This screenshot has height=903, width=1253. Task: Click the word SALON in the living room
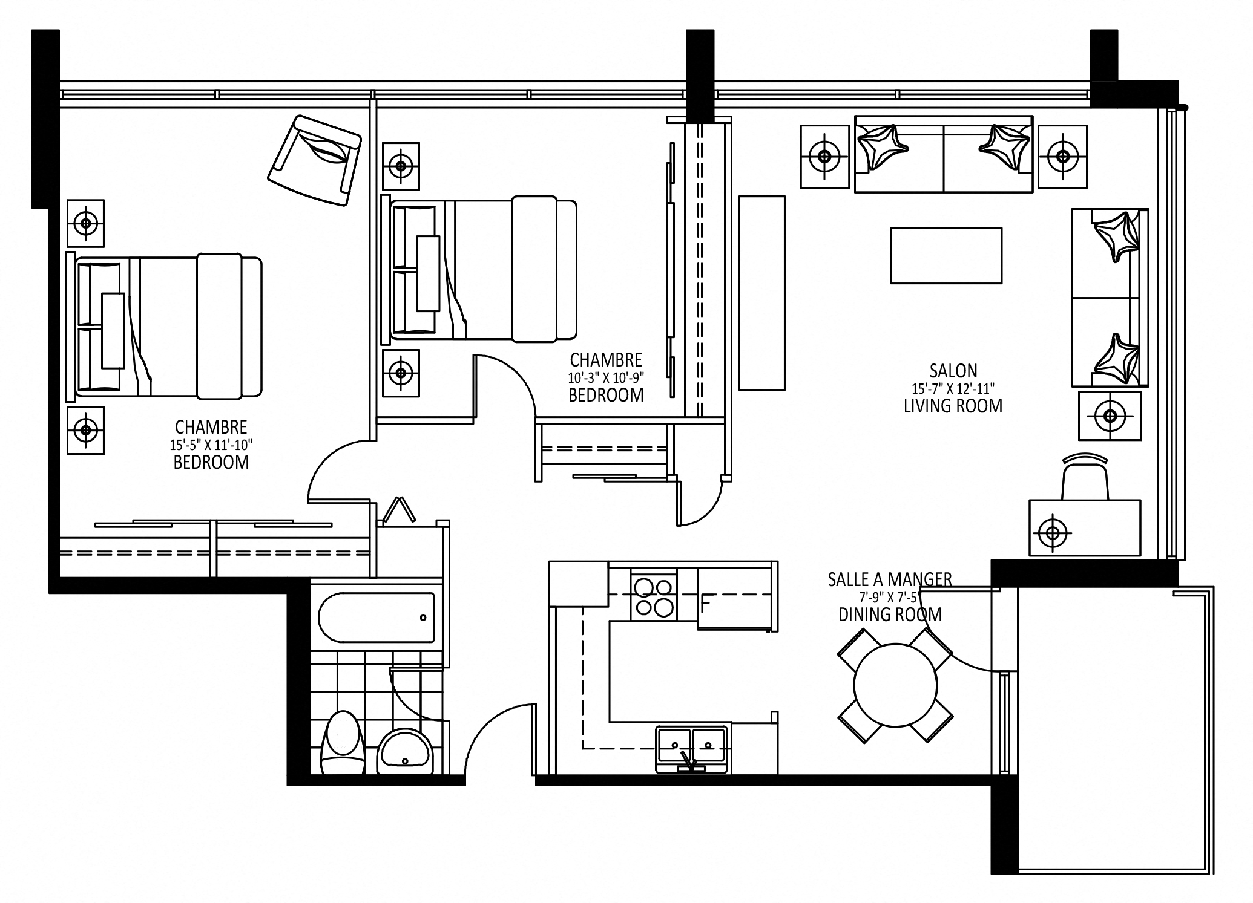[953, 370]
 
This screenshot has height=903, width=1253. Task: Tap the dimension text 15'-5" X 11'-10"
[211, 445]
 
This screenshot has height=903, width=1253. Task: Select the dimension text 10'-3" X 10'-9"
[605, 378]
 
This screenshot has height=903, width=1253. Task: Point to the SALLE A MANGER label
[889, 579]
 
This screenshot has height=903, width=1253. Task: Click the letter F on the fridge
[705, 603]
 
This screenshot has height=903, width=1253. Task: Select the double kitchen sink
[691, 748]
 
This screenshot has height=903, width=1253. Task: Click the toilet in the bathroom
[341, 743]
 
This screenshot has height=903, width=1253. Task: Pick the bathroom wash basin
[404, 751]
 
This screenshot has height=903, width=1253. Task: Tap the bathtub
[376, 618]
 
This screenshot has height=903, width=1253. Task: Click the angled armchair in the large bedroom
[315, 160]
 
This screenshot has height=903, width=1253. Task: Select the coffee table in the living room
[946, 255]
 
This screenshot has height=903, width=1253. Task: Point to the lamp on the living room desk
[1053, 533]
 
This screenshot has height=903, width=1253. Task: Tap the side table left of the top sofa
[824, 157]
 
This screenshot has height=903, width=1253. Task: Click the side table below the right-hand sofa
[1110, 416]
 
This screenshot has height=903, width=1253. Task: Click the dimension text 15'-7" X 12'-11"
[953, 388]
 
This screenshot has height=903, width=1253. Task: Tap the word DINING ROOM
[890, 615]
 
